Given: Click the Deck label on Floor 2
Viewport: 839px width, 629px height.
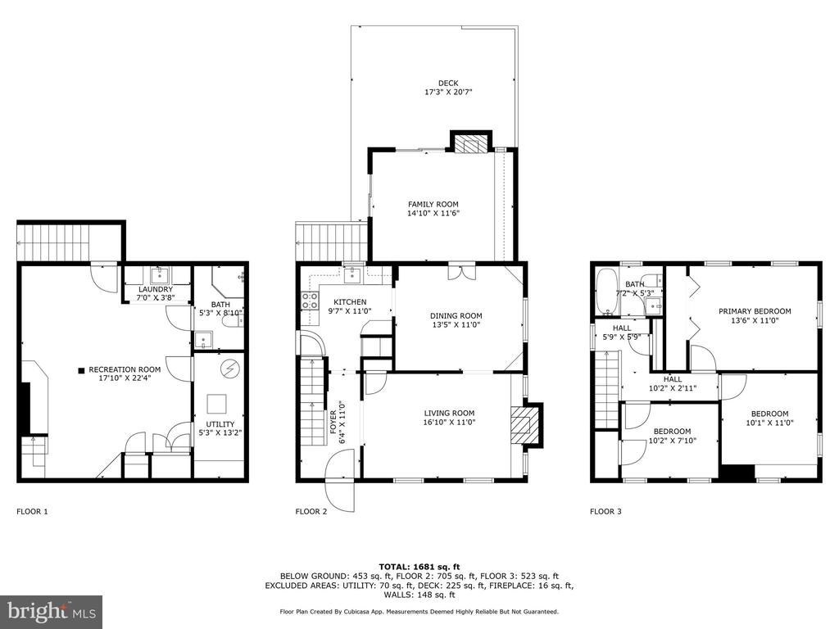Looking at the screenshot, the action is pyautogui.click(x=448, y=83).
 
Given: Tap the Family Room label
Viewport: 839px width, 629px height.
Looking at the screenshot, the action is pyautogui.click(x=433, y=204).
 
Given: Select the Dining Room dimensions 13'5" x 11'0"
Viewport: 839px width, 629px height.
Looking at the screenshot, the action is pyautogui.click(x=456, y=324).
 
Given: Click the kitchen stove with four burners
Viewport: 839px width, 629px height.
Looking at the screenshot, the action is pyautogui.click(x=310, y=301).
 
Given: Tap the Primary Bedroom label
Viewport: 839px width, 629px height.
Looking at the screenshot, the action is pyautogui.click(x=755, y=311).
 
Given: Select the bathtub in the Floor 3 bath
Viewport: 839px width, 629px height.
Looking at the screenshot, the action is pyautogui.click(x=607, y=292).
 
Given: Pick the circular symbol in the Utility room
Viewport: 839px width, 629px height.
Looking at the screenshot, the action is pyautogui.click(x=231, y=369).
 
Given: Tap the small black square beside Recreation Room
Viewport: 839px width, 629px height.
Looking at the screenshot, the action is pyautogui.click(x=81, y=369).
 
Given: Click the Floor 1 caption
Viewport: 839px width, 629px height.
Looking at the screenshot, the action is pyautogui.click(x=32, y=511).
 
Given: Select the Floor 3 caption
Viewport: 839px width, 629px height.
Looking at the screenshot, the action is pyautogui.click(x=605, y=511).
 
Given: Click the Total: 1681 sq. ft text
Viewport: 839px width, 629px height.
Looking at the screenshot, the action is pyautogui.click(x=419, y=567).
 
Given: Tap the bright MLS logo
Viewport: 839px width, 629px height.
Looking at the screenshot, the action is pyautogui.click(x=52, y=611).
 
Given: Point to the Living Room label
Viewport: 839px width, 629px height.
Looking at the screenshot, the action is pyautogui.click(x=449, y=413).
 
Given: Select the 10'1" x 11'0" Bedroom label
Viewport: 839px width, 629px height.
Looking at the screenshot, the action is pyautogui.click(x=769, y=418).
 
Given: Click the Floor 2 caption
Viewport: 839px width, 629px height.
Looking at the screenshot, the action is pyautogui.click(x=311, y=511).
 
